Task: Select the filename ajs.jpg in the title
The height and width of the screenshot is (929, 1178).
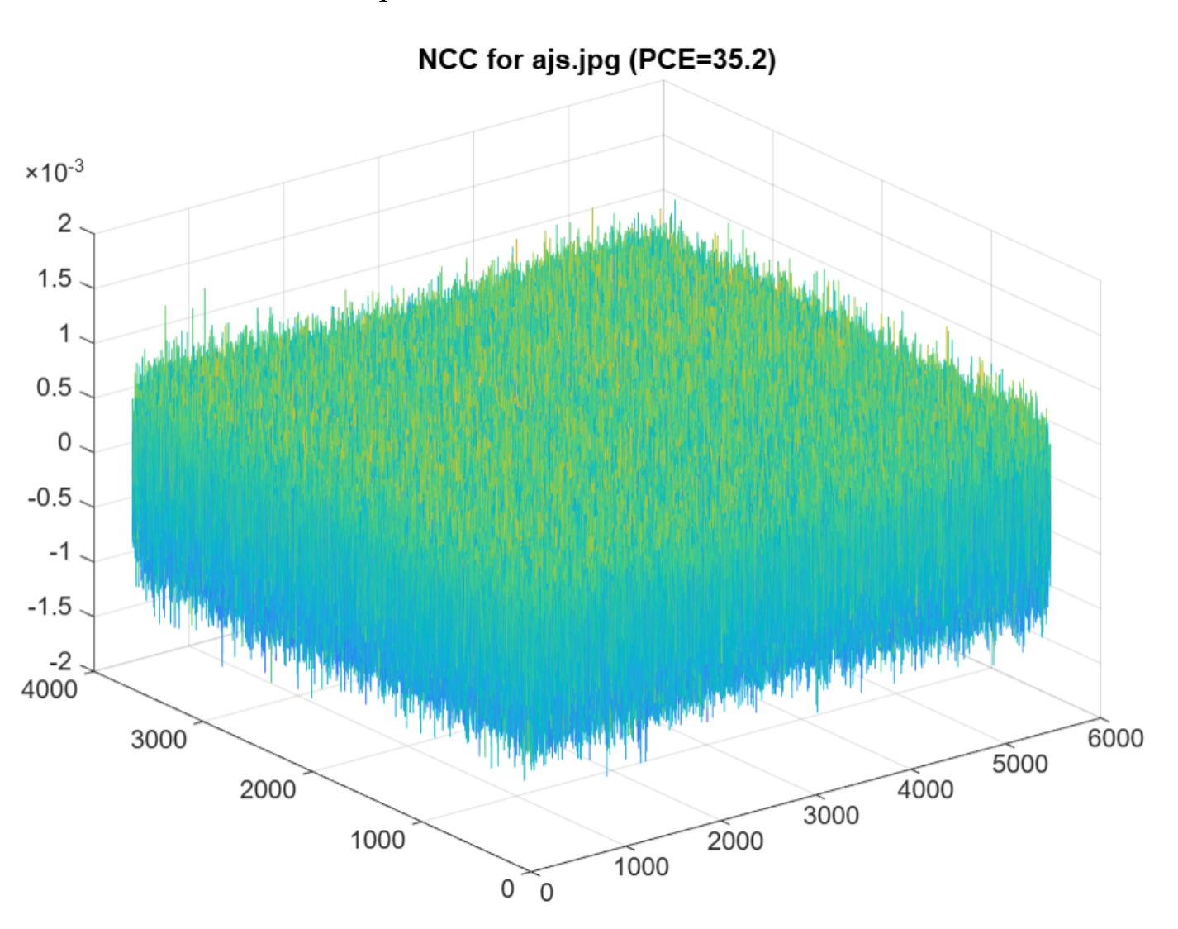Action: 575,60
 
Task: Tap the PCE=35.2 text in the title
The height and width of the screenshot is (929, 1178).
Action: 702,60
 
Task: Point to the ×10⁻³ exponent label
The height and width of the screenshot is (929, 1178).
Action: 55,172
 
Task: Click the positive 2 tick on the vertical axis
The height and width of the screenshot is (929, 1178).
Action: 64,224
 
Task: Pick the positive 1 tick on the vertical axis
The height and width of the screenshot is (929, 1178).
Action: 64,335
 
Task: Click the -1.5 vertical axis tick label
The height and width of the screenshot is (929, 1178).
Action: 50,607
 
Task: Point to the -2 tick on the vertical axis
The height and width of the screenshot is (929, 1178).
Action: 60,662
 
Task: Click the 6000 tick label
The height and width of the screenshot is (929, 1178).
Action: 1115,738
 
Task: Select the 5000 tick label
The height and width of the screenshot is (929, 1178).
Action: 1019,764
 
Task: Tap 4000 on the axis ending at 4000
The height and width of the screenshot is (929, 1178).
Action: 50,688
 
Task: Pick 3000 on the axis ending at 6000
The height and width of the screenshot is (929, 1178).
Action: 831,815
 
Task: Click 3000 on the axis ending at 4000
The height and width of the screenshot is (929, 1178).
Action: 159,739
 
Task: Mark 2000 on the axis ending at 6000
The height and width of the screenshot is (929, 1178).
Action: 735,841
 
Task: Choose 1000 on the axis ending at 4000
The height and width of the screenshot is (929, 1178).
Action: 378,840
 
